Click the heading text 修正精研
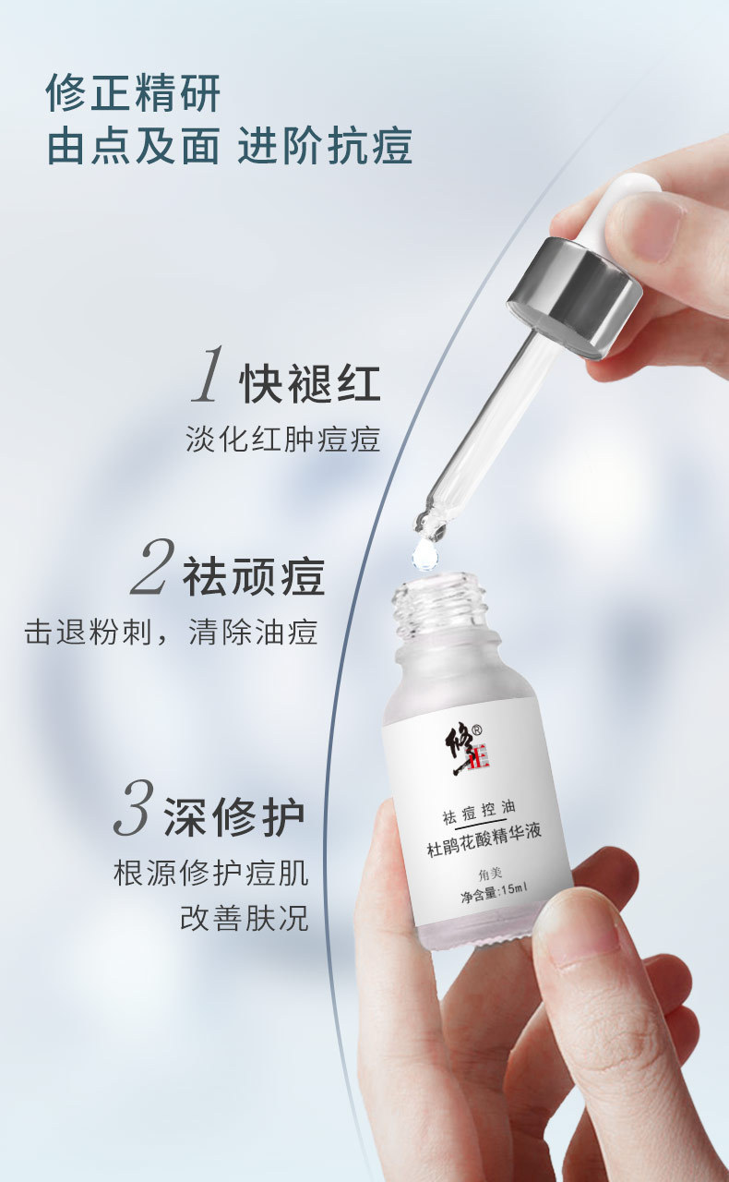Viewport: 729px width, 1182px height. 133,93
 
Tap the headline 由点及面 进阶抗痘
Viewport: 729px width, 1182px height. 230,146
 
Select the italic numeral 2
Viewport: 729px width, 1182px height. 153,567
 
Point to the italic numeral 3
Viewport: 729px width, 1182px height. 134,807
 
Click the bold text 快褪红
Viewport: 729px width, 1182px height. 310,383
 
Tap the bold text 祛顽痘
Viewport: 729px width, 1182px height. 254,577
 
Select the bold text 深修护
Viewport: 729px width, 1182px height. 234,817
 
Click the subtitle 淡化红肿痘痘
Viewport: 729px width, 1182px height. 283,440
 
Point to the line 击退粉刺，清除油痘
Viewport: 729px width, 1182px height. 171,632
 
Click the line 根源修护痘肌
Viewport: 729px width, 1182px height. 211,874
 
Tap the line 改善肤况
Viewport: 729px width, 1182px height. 245,919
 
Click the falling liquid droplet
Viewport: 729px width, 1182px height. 424,555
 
